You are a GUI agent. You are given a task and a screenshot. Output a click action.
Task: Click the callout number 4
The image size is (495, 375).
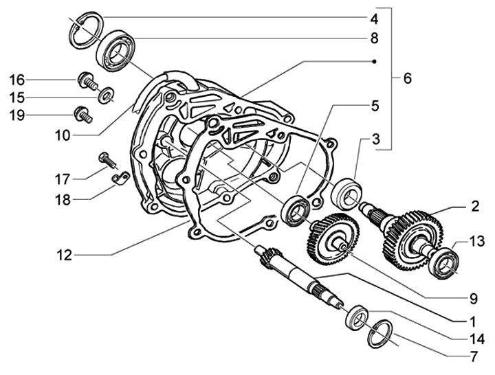click(x=374, y=19)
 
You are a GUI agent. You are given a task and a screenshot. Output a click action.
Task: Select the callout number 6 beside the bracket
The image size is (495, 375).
click(x=408, y=78)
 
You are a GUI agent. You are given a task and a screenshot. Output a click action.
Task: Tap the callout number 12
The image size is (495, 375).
click(x=65, y=255)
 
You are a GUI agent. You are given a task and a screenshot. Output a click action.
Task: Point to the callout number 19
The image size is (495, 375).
click(x=16, y=115)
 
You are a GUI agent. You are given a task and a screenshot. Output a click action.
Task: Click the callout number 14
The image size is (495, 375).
click(x=477, y=339)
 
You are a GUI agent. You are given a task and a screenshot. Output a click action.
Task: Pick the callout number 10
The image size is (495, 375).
click(x=63, y=136)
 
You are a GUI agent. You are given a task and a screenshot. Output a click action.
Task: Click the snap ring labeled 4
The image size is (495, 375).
click(x=86, y=30)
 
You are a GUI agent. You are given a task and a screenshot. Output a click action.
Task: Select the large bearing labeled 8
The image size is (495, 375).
click(x=115, y=51)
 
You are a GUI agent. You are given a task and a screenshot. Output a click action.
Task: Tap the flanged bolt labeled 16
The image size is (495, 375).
click(x=87, y=81)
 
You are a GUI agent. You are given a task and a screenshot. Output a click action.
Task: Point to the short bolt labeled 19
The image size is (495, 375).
click(x=82, y=115)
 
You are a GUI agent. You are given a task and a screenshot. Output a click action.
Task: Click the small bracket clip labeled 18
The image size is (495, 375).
click(x=120, y=178)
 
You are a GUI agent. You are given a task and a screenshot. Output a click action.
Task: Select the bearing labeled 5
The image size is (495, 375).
click(x=295, y=211)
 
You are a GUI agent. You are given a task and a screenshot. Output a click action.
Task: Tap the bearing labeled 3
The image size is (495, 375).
click(x=346, y=194)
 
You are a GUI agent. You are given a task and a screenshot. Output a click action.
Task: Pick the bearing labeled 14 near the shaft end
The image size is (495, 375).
click(x=357, y=317)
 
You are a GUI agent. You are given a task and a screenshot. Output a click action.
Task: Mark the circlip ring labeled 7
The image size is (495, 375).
click(x=379, y=333)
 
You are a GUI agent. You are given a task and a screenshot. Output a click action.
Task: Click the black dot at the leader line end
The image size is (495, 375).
click(x=374, y=62)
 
